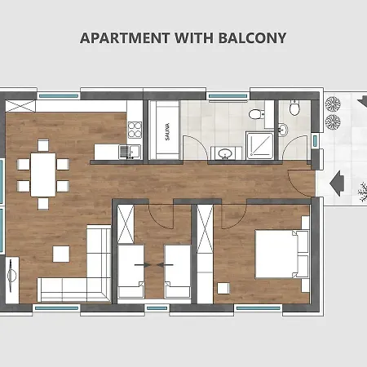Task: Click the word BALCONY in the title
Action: (x=252, y=38)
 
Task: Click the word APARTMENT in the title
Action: (x=125, y=38)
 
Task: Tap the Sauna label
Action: (x=167, y=132)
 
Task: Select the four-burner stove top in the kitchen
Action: (x=135, y=130)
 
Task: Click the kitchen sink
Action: (x=130, y=152)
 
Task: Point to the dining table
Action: (x=43, y=175)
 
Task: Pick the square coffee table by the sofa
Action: (x=61, y=254)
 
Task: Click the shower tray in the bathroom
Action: (x=259, y=145)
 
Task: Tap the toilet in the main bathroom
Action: (x=256, y=114)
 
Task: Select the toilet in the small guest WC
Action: (x=294, y=108)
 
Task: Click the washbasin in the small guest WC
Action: (x=283, y=130)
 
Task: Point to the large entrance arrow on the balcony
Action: (x=337, y=183)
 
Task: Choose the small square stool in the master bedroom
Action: (x=223, y=288)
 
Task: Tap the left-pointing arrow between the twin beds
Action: (x=165, y=264)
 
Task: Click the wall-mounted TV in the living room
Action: (x=11, y=276)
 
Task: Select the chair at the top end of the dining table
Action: (x=43, y=145)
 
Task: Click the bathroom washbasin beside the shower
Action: (x=226, y=153)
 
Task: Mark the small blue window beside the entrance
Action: (x=315, y=140)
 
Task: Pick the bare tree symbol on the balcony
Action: (x=363, y=192)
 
